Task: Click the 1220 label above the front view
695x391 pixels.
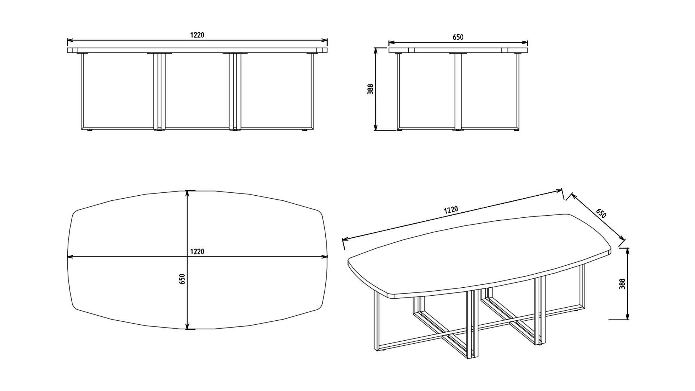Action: point(197,35)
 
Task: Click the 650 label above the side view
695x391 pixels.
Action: point(458,37)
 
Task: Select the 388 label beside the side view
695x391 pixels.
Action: point(370,89)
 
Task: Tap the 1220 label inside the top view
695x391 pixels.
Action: point(197,251)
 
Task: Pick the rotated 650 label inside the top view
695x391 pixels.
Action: point(182,279)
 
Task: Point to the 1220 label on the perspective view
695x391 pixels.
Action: point(451,210)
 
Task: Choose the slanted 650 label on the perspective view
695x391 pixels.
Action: point(601,213)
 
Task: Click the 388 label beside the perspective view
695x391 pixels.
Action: point(622,284)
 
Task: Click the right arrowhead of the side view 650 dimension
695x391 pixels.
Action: point(526,43)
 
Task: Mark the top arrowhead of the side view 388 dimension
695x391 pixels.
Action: point(376,50)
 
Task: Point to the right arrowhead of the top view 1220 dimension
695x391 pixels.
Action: point(325,257)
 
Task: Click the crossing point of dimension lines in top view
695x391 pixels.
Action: point(187,257)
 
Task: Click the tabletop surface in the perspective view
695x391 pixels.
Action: point(478,250)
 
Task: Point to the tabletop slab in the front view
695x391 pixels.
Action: point(197,50)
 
